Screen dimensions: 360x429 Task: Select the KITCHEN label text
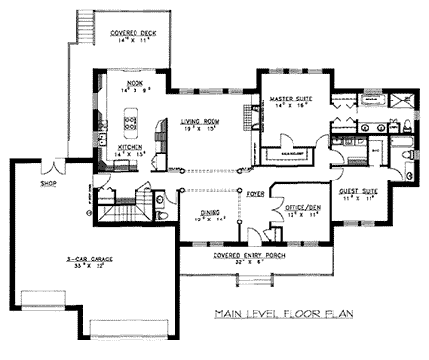pos(131,148)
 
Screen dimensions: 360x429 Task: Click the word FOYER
pos(255,194)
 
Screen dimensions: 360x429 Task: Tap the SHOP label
pos(46,182)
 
